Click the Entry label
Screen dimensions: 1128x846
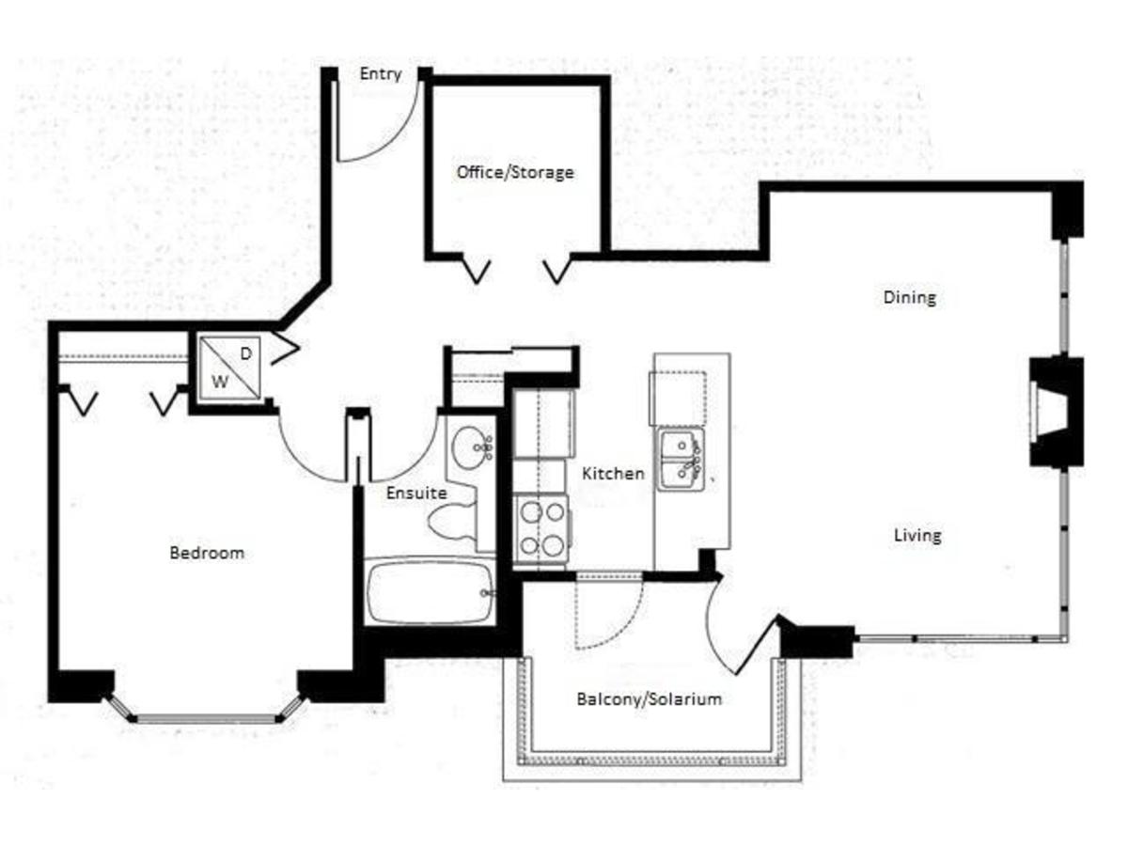click(x=381, y=74)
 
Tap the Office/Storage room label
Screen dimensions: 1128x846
click(x=515, y=172)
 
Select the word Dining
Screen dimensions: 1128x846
click(x=910, y=297)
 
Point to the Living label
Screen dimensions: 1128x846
click(x=917, y=535)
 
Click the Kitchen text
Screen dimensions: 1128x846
click(x=613, y=473)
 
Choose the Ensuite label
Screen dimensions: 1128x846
click(x=416, y=493)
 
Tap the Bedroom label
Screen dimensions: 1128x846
click(x=207, y=553)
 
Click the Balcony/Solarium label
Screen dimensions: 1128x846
click(x=649, y=699)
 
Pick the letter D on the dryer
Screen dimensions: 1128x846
click(x=246, y=353)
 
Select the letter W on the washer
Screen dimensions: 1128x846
click(x=220, y=382)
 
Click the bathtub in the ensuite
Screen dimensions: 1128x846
click(x=430, y=592)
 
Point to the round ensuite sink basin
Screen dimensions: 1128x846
click(x=470, y=447)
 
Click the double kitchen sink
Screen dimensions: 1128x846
click(x=681, y=461)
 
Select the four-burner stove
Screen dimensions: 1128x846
click(x=542, y=529)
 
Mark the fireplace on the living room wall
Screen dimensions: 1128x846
click(x=1056, y=412)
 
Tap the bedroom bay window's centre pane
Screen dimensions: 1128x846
click(x=206, y=718)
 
